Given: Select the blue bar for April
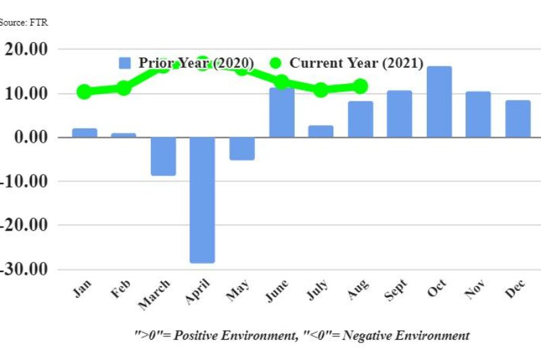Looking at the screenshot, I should tap(202, 200).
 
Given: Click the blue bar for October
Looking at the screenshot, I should tap(439, 102).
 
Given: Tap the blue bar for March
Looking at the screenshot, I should tap(163, 156).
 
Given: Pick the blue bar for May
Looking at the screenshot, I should tap(242, 148).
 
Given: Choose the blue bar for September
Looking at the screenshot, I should tap(399, 114).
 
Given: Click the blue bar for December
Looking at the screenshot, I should tap(518, 119).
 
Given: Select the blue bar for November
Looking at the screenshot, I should tap(478, 114).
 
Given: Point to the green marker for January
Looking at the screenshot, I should tap(84, 91).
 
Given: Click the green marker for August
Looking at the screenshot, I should tap(360, 86).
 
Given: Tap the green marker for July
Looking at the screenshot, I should tap(321, 90).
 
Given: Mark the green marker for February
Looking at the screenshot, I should tap(124, 88).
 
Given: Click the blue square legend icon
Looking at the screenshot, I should tap(124, 63).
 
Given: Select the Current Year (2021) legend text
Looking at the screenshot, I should tap(356, 63).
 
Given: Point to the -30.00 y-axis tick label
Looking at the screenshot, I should tap(26, 269).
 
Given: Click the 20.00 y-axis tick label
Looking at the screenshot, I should tap(26, 49).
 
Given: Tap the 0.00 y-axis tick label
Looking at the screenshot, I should tap(30, 137).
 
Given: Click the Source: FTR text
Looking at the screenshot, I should tap(24, 22).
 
